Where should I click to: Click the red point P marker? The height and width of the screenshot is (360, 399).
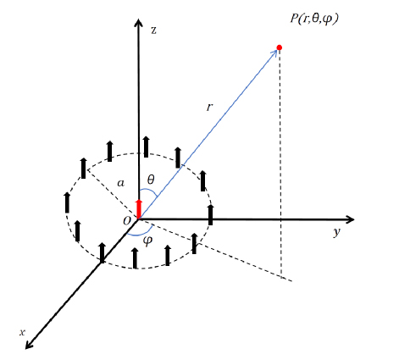click(x=280, y=47)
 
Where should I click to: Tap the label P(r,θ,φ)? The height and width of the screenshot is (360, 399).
click(x=314, y=19)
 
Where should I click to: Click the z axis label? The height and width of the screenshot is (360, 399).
click(x=153, y=30)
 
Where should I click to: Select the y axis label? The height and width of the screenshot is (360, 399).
click(x=336, y=232)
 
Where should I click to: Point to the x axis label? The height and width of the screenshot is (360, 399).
click(x=22, y=332)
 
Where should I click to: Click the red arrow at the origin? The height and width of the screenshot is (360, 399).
click(x=138, y=208)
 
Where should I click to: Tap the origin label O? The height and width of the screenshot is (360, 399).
click(x=127, y=221)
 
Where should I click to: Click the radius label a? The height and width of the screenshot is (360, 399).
click(x=120, y=184)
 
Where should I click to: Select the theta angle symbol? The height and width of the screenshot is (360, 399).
click(x=151, y=180)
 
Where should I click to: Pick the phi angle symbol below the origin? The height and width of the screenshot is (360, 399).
click(x=147, y=241)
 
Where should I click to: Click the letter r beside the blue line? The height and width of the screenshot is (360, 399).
click(x=209, y=108)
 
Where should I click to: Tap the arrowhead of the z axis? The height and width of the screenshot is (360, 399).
click(x=138, y=23)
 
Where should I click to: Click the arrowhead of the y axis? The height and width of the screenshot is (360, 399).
click(x=350, y=219)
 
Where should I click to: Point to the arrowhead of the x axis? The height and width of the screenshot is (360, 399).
click(x=30, y=344)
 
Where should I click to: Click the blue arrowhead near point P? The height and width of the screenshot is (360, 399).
click(x=274, y=53)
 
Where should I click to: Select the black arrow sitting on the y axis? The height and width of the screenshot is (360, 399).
click(x=210, y=214)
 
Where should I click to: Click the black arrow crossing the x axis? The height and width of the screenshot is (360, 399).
click(x=103, y=252)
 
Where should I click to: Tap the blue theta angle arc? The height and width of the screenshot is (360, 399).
click(x=150, y=190)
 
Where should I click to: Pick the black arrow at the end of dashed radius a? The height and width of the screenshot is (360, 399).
click(x=83, y=169)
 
